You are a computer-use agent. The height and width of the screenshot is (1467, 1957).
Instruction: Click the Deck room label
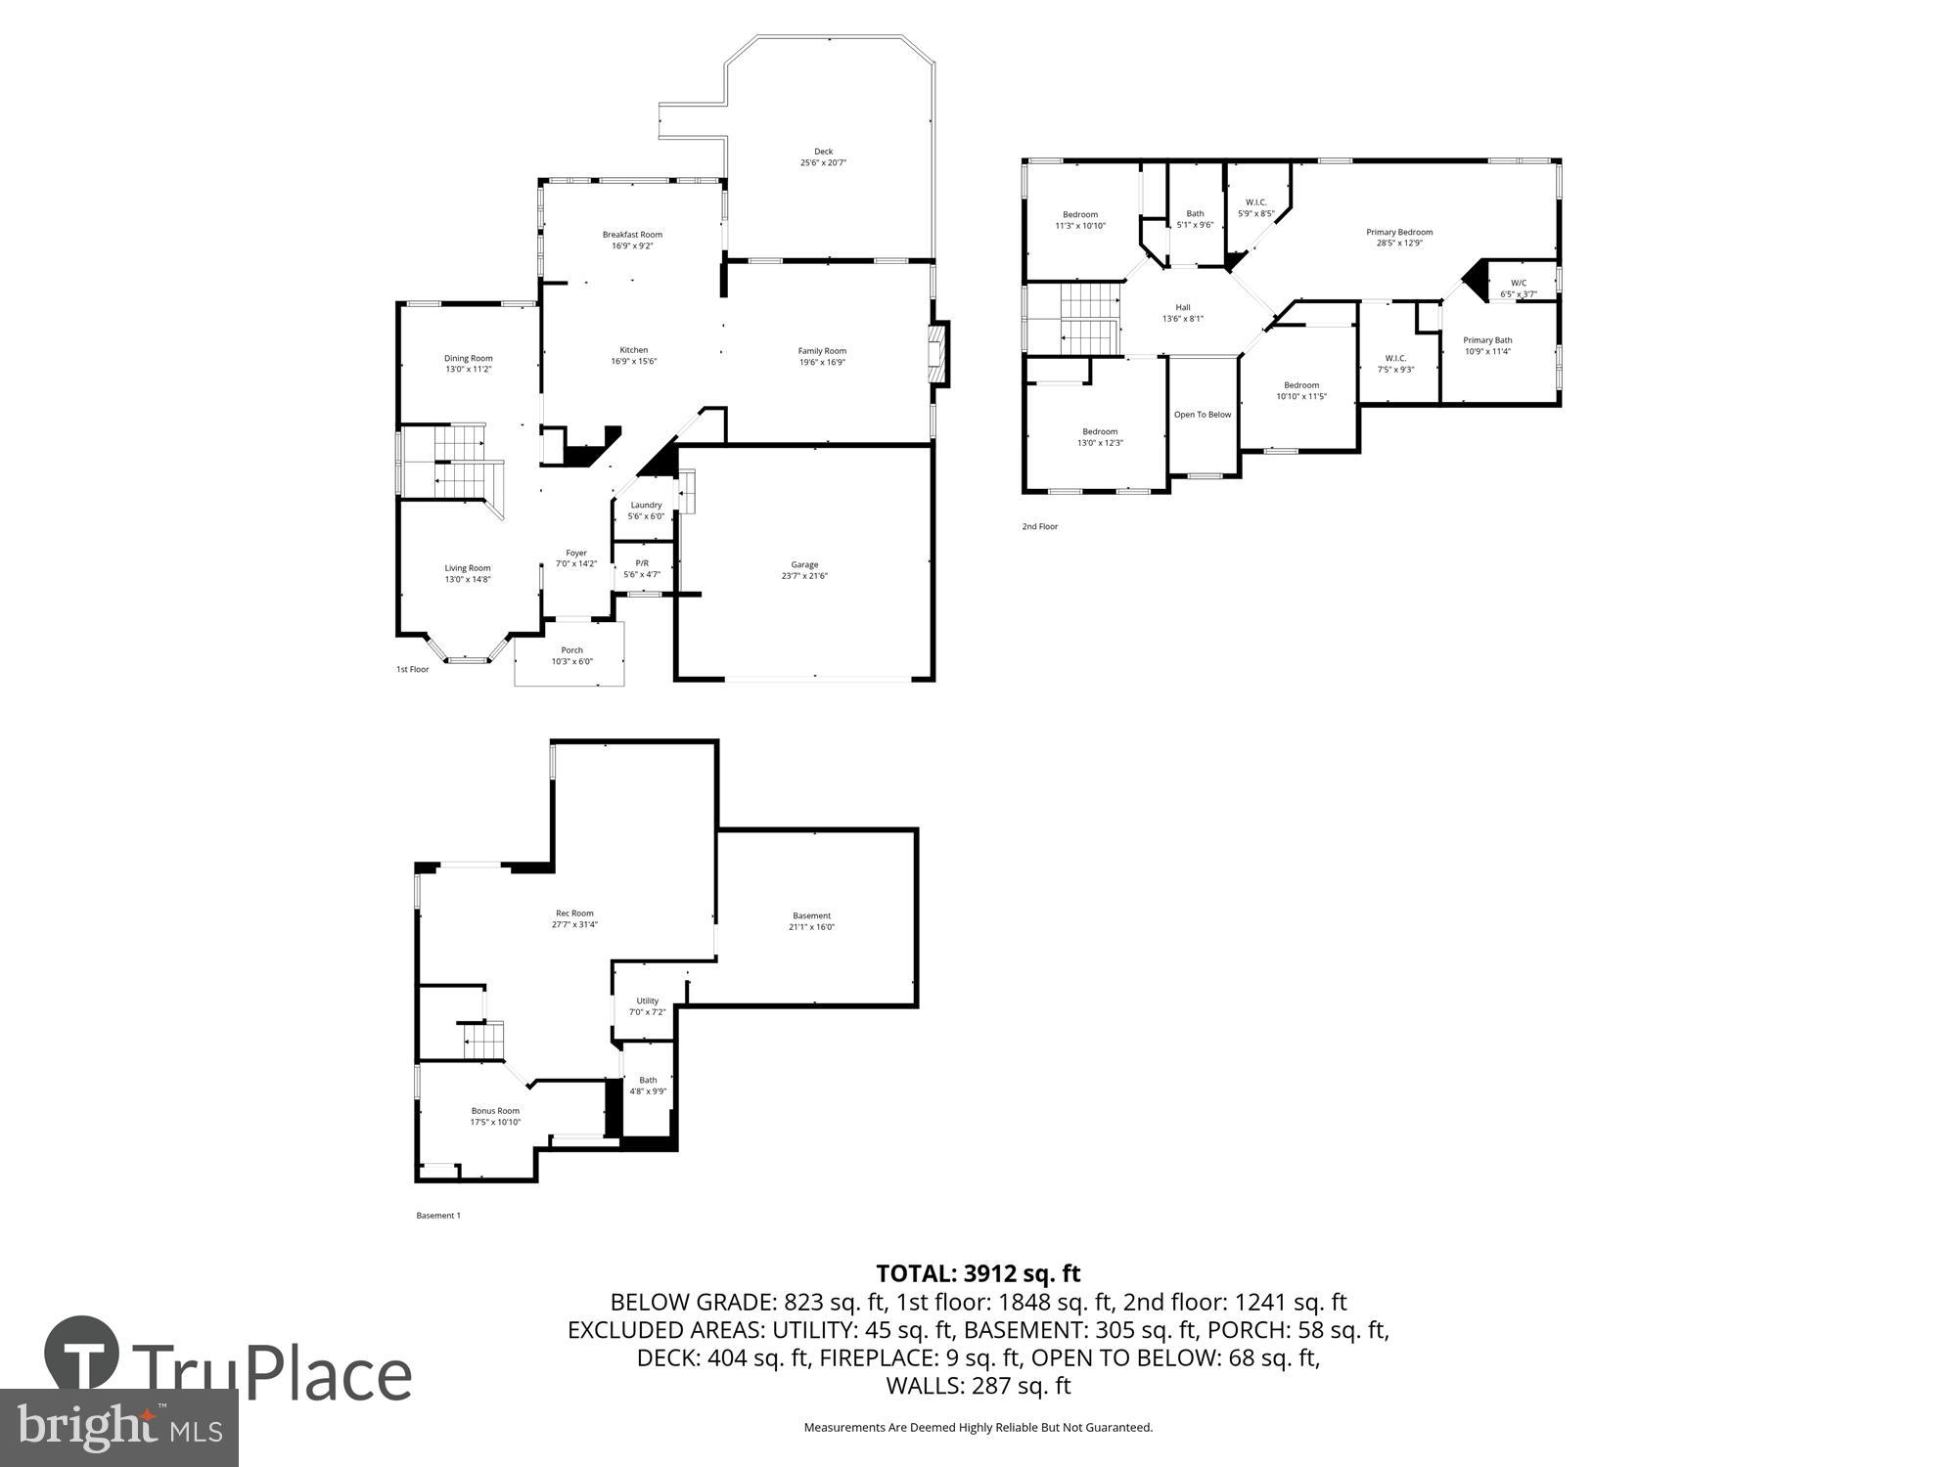tap(823, 152)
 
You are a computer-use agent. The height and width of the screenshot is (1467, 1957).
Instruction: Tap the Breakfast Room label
tap(632, 235)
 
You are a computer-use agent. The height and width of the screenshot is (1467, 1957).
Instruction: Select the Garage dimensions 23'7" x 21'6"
tap(804, 576)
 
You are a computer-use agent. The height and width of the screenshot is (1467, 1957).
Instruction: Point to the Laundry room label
tap(646, 506)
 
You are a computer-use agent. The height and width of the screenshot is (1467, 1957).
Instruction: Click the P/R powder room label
tap(642, 563)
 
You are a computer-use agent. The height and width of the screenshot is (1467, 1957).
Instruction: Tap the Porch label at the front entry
tap(571, 650)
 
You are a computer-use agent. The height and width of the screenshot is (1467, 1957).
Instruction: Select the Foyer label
tap(576, 554)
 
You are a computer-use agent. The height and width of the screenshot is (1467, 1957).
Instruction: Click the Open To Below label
tap(1203, 415)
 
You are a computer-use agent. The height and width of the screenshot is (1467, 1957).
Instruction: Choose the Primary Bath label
tap(1487, 340)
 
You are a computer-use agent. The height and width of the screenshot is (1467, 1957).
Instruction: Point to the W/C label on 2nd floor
tap(1519, 283)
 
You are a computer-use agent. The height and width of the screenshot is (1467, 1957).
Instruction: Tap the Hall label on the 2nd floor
tap(1183, 307)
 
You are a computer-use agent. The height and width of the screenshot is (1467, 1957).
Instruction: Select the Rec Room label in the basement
tap(574, 913)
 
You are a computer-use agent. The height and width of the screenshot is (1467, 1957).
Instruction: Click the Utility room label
tap(647, 1000)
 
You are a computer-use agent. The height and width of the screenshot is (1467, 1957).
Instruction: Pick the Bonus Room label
tap(495, 1111)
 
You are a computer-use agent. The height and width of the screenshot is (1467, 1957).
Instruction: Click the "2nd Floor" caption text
tap(1040, 526)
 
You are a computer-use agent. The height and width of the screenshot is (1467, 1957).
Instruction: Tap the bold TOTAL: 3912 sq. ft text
tap(978, 1273)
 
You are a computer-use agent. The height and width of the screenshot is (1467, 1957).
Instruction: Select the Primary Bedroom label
tap(1399, 232)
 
